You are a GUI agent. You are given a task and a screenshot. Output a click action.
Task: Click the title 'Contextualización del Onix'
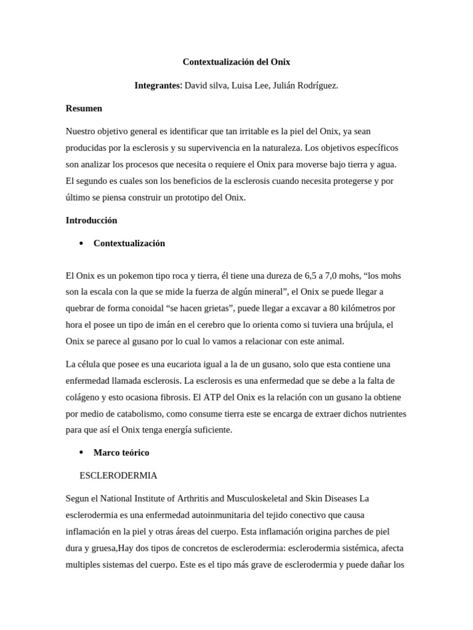[236, 62]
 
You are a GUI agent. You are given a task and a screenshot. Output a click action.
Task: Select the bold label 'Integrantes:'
[158, 86]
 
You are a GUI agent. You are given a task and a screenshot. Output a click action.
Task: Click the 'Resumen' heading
[84, 108]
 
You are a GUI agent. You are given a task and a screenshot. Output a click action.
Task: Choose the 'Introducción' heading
[91, 220]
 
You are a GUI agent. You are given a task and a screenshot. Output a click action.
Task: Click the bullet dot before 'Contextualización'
[81, 244]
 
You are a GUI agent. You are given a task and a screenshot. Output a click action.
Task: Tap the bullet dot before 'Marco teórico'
[81, 453]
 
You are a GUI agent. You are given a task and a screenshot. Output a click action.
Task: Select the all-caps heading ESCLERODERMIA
[119, 476]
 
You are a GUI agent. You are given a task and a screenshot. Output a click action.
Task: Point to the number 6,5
[312, 276]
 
